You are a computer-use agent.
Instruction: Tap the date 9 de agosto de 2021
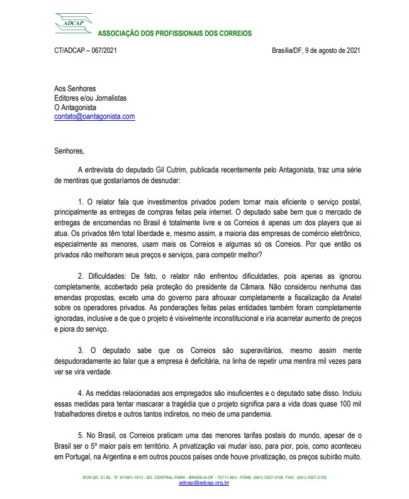pos(333,51)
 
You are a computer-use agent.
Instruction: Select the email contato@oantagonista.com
pos(94,116)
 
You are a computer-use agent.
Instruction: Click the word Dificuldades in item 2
pos(106,276)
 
